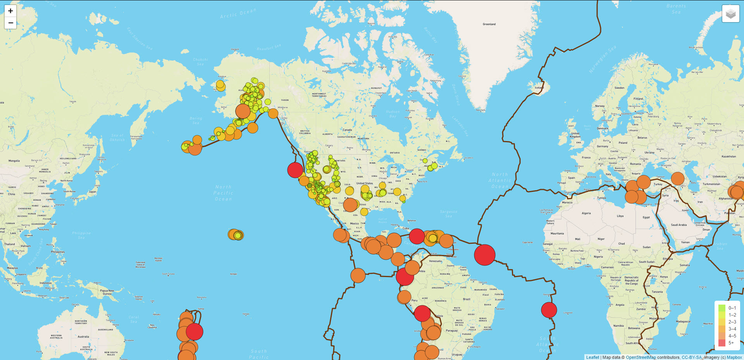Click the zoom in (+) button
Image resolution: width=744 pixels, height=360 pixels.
[10, 11]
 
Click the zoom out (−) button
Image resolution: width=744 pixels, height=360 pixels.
[10, 23]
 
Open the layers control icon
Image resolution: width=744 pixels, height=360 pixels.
[730, 14]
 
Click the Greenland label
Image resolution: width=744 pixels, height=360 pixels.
[489, 24]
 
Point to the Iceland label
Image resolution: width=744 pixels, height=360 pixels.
[539, 88]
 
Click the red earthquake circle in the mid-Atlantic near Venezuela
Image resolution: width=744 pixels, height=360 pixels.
[484, 255]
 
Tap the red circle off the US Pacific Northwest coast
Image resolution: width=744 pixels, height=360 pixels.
[295, 170]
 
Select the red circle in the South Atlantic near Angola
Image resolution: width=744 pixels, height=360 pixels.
[549, 310]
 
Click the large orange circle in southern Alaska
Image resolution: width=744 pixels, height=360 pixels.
[243, 111]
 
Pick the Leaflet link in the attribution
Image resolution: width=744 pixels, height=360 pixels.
[592, 357]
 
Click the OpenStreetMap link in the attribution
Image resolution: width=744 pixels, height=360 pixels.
[641, 357]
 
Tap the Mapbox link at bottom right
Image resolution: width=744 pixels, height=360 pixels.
[734, 357]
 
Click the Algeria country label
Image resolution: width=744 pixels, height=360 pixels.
[586, 213]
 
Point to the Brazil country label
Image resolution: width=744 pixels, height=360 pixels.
[467, 299]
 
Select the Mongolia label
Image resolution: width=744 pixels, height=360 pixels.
[14, 160]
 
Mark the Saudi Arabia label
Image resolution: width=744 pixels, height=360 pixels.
[679, 225]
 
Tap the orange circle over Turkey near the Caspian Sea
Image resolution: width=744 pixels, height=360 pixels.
[677, 179]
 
